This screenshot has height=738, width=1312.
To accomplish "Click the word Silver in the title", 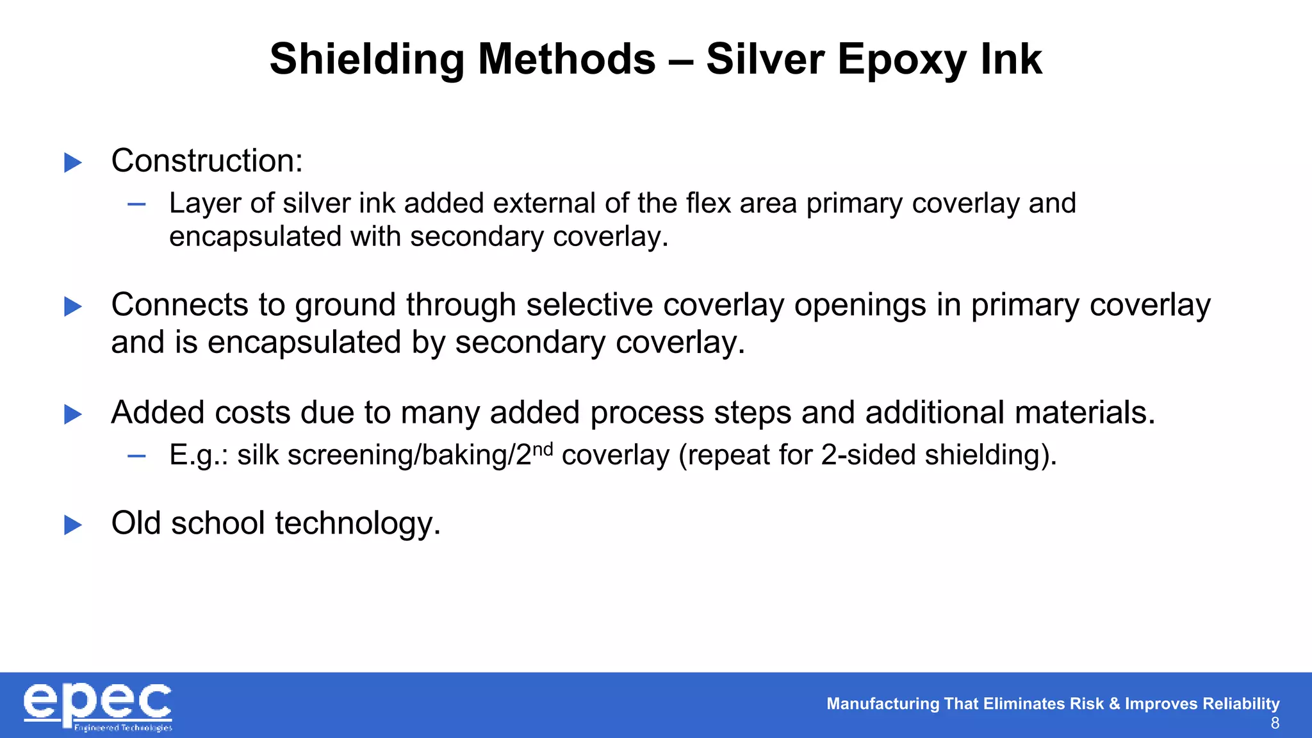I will coord(765,60).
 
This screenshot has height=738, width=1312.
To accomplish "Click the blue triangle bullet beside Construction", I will coord(73,163).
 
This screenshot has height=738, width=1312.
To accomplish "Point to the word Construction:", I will coord(207,161).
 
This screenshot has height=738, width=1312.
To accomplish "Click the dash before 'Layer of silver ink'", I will coord(136,205).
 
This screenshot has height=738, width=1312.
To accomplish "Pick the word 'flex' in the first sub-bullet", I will coord(709,203).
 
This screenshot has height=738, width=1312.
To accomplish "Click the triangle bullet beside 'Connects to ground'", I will coord(73,307).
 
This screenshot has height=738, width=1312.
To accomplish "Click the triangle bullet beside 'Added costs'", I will coord(73,414).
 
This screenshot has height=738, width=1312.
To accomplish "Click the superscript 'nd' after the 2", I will coord(543,448).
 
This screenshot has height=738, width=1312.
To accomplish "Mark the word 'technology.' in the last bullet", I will coord(358,523).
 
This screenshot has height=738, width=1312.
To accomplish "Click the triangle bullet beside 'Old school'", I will coord(73,525).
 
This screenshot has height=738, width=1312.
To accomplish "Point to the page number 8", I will coord(1275,724).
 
